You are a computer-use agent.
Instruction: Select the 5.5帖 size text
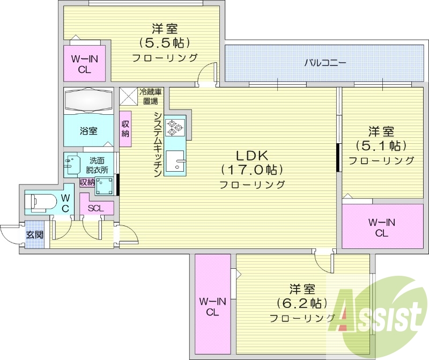[164, 42]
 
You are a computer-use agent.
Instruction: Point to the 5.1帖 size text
[381, 145]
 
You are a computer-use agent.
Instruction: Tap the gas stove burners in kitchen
[175, 127]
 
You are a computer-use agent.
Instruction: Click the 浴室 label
[89, 130]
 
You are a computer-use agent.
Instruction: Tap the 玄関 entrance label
[34, 235]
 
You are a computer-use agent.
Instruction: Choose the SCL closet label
[97, 208]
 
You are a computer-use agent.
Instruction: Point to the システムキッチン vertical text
[158, 145]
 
